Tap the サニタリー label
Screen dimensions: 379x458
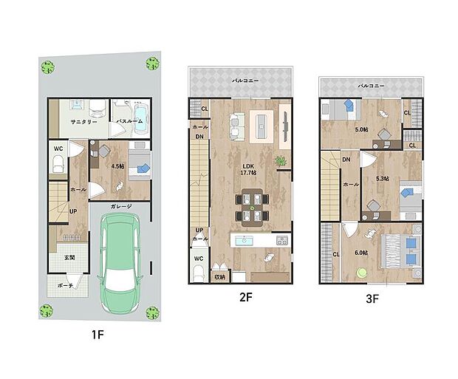84,121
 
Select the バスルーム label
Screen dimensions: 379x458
129,121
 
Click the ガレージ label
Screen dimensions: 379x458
120,206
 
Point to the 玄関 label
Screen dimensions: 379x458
68,258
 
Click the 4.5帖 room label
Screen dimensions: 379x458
117,166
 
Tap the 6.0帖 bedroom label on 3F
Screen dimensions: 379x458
360,253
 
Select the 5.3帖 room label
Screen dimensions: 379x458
382,179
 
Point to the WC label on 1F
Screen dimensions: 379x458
58,148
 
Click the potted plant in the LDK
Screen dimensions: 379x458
280,161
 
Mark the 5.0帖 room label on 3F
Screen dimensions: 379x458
360,129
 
